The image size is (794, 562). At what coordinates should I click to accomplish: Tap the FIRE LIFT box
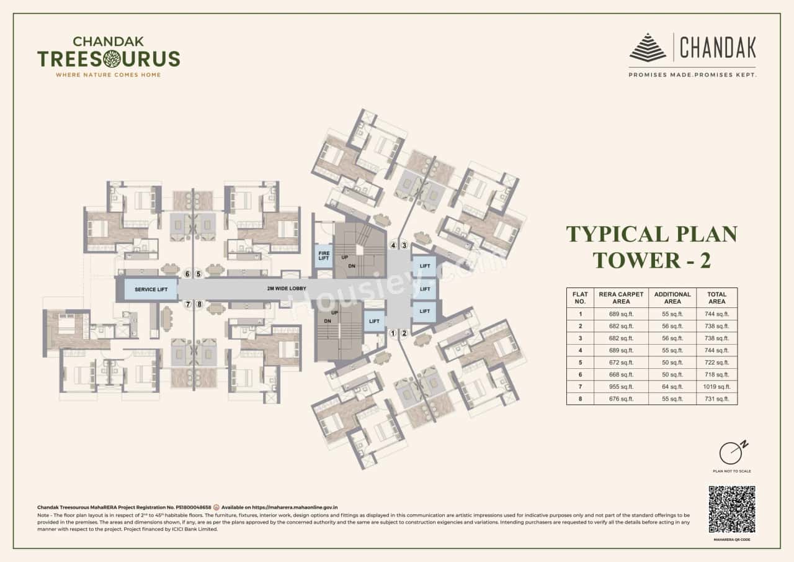coord(323,256)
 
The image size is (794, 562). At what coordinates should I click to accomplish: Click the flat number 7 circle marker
coord(188,304)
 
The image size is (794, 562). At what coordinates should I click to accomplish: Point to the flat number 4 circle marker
coord(393,245)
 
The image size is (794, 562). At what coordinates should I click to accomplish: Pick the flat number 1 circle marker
coord(393,333)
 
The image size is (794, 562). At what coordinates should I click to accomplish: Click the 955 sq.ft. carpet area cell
coord(621,386)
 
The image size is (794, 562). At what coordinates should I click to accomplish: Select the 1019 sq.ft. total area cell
coord(718,386)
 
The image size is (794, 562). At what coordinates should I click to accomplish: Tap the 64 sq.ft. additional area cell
coord(672,386)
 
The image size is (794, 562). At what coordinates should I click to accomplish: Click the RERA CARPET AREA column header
coord(621,297)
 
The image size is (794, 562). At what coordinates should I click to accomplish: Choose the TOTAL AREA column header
coord(718,297)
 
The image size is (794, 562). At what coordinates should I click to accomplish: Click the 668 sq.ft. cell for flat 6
coord(621,374)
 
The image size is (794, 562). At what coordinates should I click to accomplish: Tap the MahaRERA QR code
coord(731,509)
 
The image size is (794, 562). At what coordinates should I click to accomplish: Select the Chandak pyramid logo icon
coord(648,48)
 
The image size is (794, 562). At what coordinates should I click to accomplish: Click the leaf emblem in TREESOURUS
coord(112,59)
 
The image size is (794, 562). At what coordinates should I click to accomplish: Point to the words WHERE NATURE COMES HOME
coord(109,75)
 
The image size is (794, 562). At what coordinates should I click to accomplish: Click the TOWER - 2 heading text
coord(651,260)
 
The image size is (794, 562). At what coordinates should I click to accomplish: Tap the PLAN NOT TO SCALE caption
coord(732,471)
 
